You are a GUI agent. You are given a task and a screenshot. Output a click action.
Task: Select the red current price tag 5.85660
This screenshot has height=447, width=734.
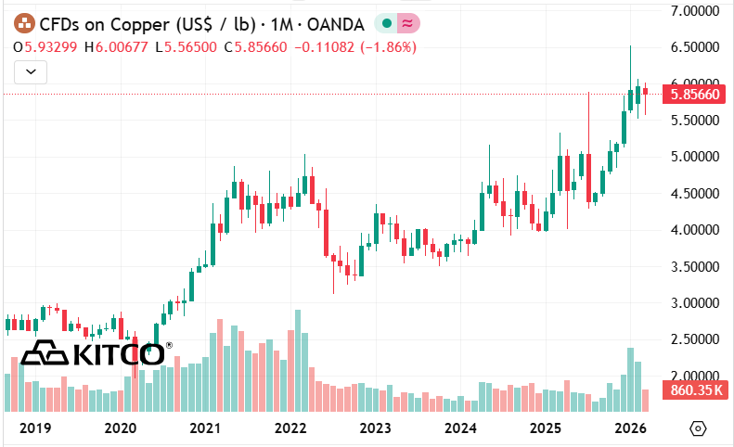click(x=694, y=94)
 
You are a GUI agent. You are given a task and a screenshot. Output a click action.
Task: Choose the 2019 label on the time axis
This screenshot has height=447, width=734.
click(x=34, y=428)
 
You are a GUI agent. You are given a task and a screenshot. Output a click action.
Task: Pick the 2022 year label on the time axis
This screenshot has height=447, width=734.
click(x=290, y=428)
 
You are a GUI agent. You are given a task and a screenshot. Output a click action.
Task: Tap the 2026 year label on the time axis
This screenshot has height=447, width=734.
click(x=631, y=428)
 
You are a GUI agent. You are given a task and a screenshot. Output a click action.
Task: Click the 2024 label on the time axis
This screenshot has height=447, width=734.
click(x=460, y=428)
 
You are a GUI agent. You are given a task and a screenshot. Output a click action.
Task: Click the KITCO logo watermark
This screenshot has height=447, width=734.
click(x=93, y=353)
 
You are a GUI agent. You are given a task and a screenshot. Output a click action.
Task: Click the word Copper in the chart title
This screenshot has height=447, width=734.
click(x=123, y=24)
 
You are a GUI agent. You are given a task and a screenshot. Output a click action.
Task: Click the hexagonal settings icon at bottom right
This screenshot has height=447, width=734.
click(x=699, y=428)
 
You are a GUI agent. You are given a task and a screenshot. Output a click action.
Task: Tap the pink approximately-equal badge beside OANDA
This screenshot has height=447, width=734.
click(x=408, y=24)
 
